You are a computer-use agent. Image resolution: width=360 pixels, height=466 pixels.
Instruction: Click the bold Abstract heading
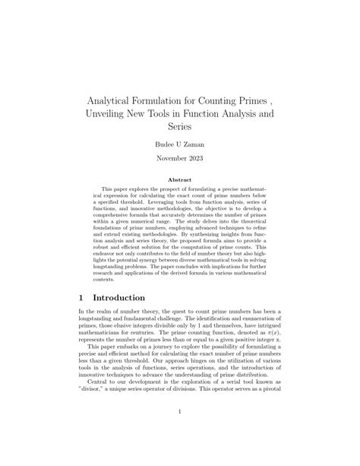tap(180, 180)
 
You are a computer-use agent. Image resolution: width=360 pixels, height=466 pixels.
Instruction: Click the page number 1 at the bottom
tap(180, 413)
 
